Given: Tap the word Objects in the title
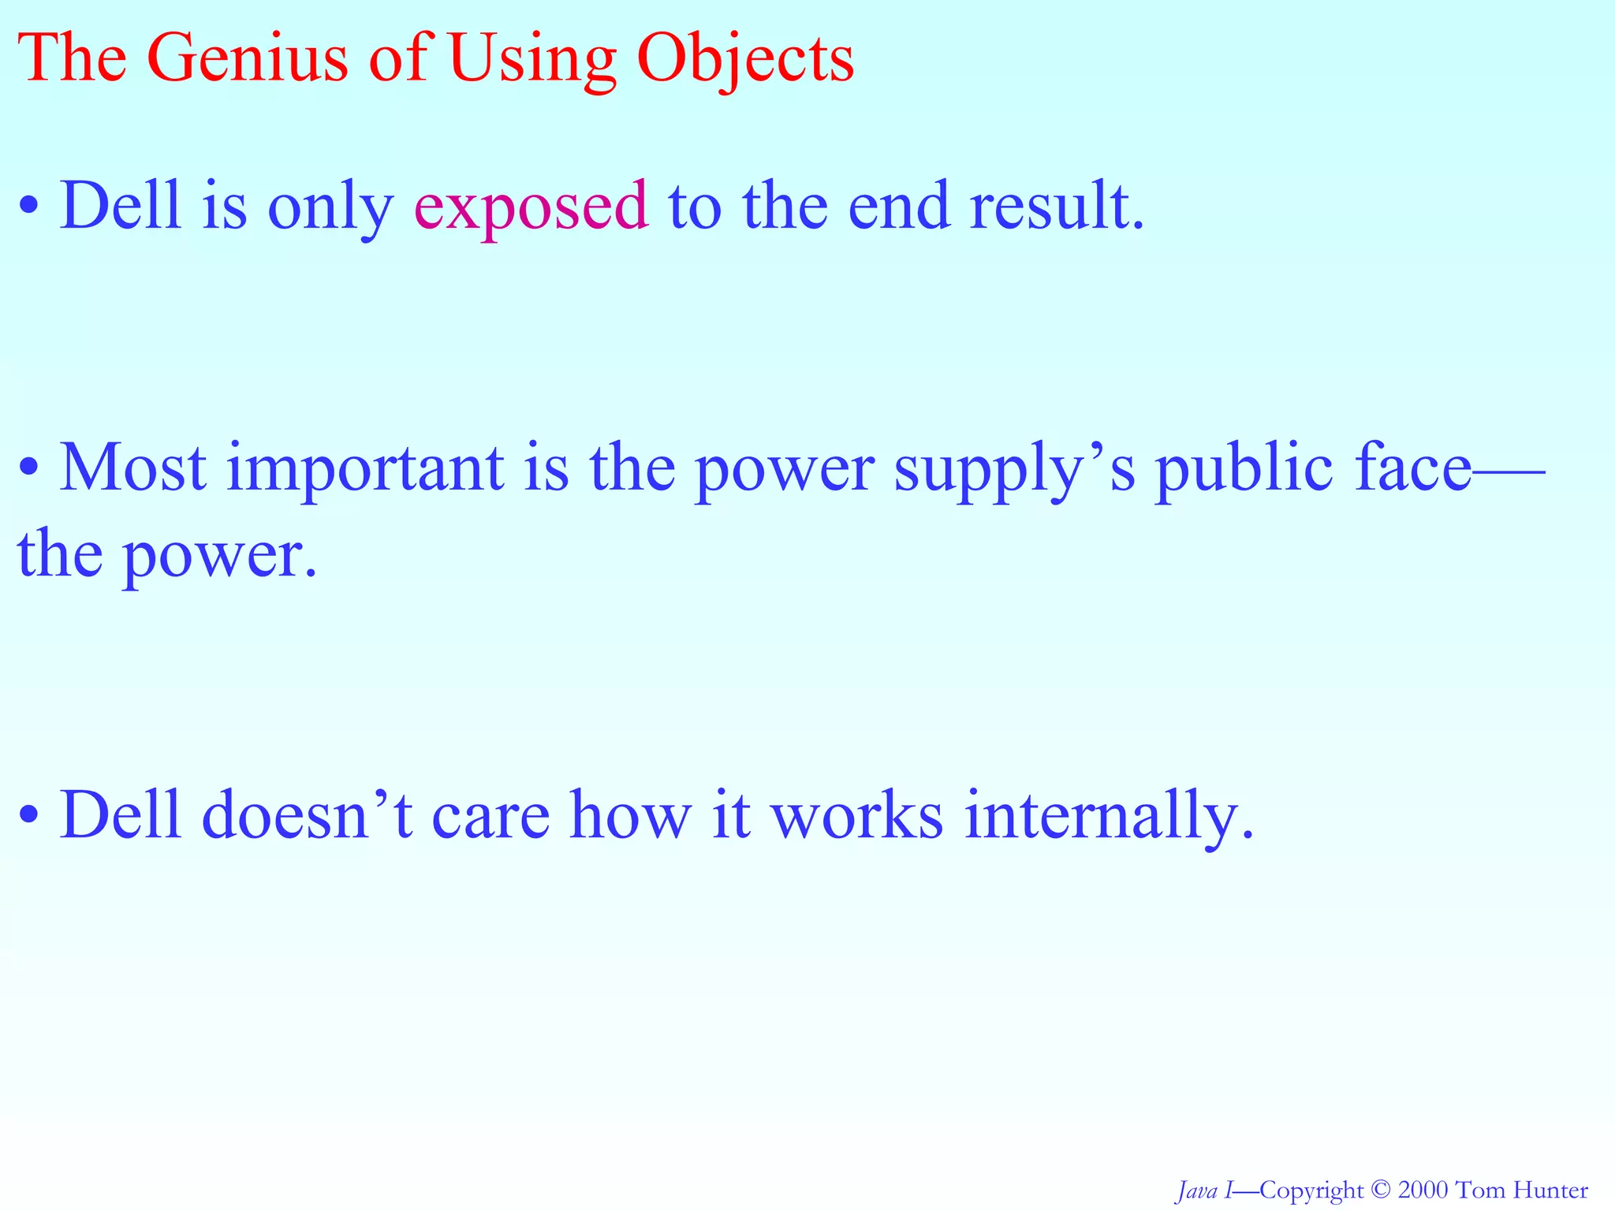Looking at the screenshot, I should (x=745, y=59).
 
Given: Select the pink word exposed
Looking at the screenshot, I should (x=531, y=207).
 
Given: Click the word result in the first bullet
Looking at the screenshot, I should (x=1056, y=207).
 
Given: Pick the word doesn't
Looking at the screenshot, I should (x=308, y=814).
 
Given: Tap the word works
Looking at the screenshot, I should (x=856, y=814).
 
